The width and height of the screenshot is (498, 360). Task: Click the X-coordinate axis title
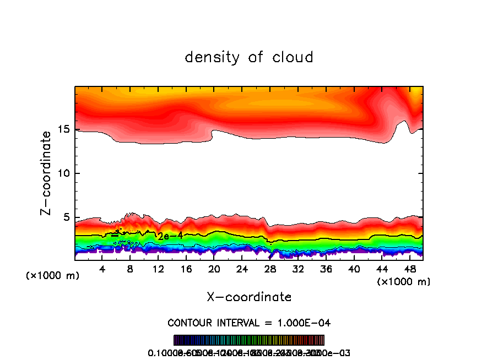[249, 297]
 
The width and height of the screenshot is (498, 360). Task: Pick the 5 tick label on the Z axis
[67, 217]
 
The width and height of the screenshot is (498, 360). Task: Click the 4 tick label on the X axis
[102, 269]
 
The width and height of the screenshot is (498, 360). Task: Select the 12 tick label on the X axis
[158, 269]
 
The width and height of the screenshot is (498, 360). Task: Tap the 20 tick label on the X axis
[214, 269]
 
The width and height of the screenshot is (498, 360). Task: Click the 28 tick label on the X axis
[270, 269]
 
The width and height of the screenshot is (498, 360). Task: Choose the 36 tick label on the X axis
[326, 269]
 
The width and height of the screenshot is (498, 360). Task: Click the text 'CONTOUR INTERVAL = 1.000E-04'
[249, 323]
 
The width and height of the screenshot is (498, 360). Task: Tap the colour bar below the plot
[249, 340]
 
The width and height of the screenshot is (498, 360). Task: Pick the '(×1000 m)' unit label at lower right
[404, 282]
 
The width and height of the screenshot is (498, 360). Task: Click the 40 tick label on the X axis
[354, 269]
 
